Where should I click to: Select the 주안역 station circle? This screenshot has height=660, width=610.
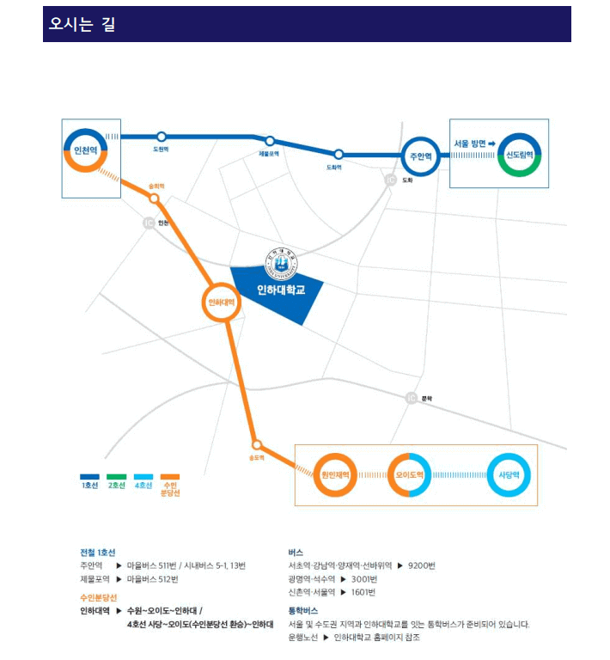421,156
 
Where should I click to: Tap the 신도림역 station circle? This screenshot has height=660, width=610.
519,156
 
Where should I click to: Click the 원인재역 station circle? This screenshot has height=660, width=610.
333,474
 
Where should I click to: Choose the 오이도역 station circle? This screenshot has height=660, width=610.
408,474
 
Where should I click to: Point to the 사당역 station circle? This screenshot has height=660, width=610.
509,474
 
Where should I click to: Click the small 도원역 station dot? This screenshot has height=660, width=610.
161,137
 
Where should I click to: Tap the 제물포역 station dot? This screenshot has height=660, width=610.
270,142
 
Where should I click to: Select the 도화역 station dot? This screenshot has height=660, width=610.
339,155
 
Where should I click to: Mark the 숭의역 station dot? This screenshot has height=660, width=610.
155,199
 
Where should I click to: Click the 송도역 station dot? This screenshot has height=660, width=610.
256,444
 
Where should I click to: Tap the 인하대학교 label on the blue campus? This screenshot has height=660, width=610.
281,290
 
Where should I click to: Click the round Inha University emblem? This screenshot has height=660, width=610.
278,260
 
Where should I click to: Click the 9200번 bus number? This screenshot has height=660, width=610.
422,565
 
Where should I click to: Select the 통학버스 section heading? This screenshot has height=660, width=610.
303,610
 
